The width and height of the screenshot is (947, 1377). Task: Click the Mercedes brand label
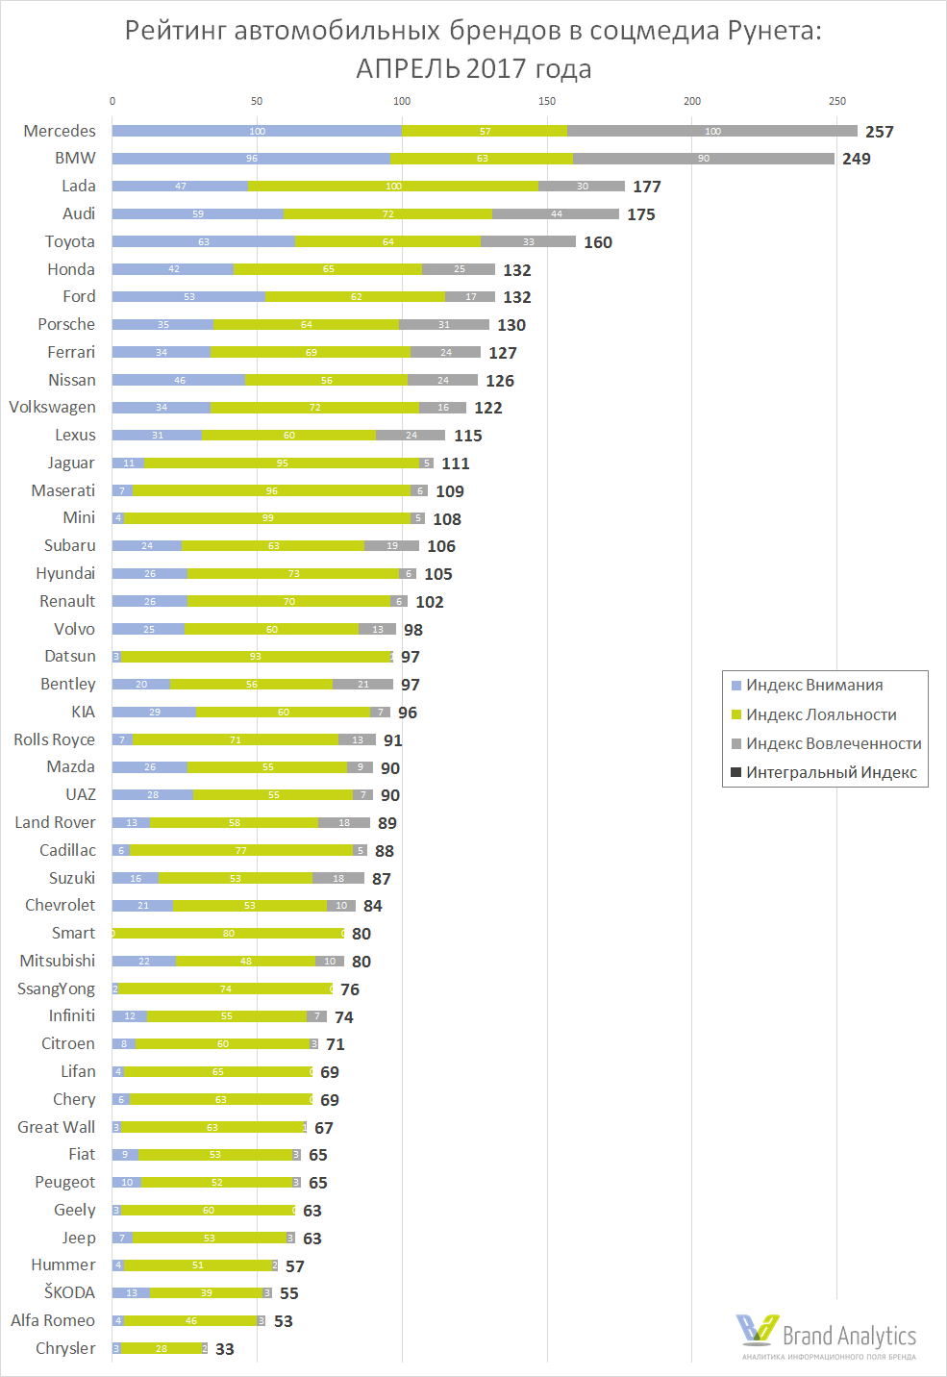pyautogui.click(x=60, y=131)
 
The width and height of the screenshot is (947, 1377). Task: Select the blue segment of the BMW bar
pyautogui.click(x=251, y=159)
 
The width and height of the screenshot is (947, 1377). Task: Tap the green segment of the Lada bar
pyautogui.click(x=392, y=187)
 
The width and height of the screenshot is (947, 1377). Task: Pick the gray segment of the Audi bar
pyautogui.click(x=556, y=214)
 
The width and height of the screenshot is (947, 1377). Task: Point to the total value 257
pyautogui.click(x=879, y=132)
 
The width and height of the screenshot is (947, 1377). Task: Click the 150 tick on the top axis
pyautogui.click(x=547, y=101)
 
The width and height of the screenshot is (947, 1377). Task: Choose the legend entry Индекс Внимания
pyautogui.click(x=813, y=686)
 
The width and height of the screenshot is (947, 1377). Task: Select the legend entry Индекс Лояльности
pyautogui.click(x=820, y=714)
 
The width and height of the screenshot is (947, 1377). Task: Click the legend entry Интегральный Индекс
pyautogui.click(x=831, y=773)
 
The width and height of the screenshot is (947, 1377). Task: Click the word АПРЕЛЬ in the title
pyautogui.click(x=409, y=69)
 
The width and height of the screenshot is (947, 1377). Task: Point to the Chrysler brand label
pyautogui.click(x=65, y=1348)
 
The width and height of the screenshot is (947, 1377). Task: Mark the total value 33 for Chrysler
pyautogui.click(x=225, y=1349)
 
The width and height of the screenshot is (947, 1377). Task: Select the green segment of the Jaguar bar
pyautogui.click(x=282, y=463)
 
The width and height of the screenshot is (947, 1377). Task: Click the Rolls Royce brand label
pyautogui.click(x=55, y=739)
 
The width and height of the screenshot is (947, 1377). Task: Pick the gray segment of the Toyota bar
pyautogui.click(x=528, y=242)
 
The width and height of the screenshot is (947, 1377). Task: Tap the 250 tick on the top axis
pyautogui.click(x=837, y=101)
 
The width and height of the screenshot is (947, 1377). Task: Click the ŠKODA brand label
pyautogui.click(x=69, y=1292)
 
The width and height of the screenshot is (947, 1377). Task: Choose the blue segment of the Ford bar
pyautogui.click(x=188, y=297)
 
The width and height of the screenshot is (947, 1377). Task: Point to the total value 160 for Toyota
pyautogui.click(x=598, y=242)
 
